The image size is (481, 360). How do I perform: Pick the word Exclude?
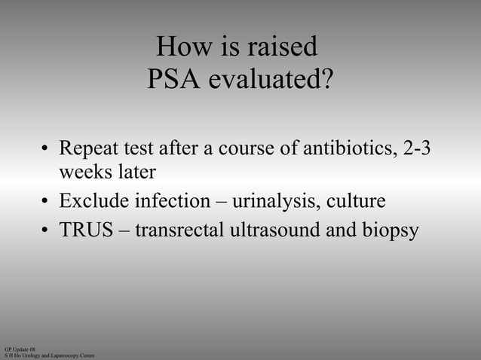click(94, 201)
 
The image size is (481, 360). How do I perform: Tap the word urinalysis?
click(277, 201)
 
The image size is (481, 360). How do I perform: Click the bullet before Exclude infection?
click(45, 202)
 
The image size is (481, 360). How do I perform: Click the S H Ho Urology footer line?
click(49, 355)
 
